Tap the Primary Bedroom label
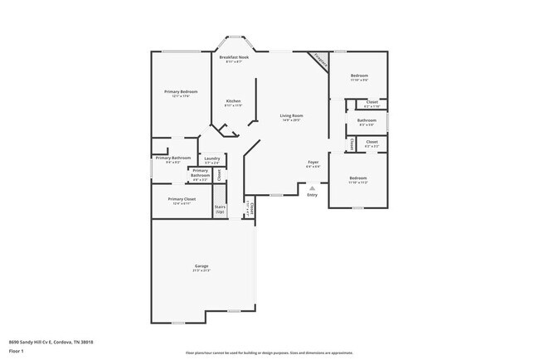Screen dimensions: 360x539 (x=181, y=91)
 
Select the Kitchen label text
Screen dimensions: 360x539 (x=233, y=101)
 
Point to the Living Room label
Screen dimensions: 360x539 (x=290, y=115)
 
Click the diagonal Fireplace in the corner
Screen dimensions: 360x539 (x=319, y=60)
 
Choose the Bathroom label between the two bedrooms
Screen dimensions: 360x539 (x=367, y=120)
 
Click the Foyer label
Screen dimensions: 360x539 (x=313, y=162)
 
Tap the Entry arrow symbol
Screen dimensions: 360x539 (x=312, y=188)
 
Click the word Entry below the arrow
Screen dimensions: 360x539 (x=312, y=195)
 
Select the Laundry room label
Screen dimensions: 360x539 (x=211, y=158)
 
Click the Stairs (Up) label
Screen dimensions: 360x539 (x=220, y=209)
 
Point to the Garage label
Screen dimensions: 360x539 (x=202, y=266)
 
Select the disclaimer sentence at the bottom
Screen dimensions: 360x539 (x=269, y=352)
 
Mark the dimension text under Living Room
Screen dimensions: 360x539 (x=290, y=120)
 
